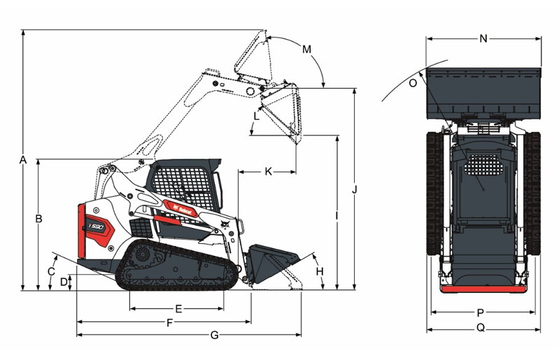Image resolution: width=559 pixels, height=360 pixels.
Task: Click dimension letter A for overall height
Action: [x=23, y=160]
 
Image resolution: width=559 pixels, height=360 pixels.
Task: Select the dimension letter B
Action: [x=39, y=219]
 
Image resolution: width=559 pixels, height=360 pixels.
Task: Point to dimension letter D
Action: [x=64, y=281]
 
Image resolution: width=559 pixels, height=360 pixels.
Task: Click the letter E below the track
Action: [x=178, y=308]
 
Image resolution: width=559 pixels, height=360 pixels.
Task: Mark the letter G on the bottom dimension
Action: [x=214, y=336]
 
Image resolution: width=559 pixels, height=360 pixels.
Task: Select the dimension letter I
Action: [x=337, y=216]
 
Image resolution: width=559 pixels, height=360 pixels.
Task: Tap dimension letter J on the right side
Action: [x=355, y=189]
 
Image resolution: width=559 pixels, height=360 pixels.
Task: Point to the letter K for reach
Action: [x=268, y=171]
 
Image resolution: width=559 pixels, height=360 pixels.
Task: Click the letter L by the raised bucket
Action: [x=256, y=116]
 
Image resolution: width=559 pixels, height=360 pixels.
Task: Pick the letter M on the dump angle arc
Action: [x=306, y=49]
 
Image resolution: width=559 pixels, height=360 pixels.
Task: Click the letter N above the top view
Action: [x=483, y=39]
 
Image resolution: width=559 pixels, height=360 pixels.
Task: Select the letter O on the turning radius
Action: [x=413, y=82]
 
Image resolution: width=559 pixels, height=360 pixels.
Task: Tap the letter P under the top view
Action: [x=481, y=313]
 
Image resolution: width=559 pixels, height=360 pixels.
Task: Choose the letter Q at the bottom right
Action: [x=481, y=328]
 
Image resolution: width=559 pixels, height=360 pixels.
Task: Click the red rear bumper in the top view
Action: [x=482, y=289]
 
